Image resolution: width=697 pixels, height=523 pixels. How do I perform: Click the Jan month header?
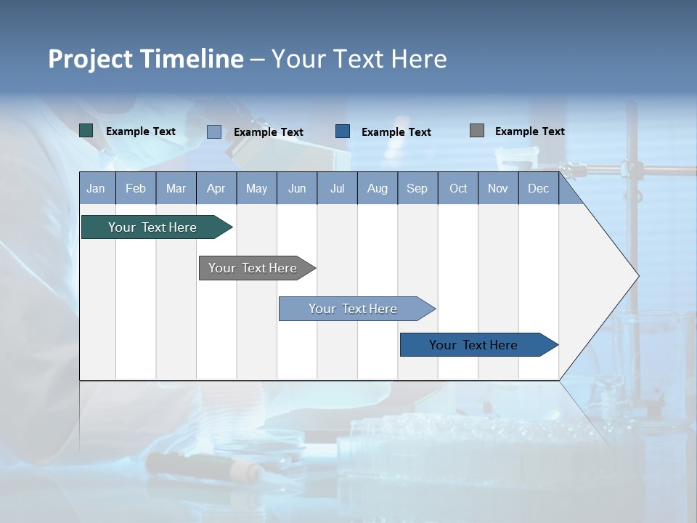[x=97, y=188]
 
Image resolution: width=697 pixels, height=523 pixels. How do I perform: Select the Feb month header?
[x=136, y=188]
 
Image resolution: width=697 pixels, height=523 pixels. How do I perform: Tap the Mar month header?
[x=176, y=188]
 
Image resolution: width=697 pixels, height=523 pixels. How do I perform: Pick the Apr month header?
[x=216, y=188]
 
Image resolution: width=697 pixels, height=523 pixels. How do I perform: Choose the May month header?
[x=256, y=188]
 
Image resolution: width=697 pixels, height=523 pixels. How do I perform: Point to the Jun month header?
[x=297, y=188]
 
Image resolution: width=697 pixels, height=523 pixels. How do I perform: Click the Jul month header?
[x=337, y=188]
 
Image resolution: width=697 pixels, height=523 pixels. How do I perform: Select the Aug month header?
[x=378, y=188]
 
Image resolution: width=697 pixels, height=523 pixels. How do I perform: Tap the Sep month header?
[x=417, y=188]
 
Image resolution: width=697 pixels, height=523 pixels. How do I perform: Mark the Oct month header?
[x=458, y=188]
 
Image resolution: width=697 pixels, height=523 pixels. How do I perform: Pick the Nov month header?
[x=498, y=188]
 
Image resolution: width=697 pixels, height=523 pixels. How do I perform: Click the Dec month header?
[x=539, y=188]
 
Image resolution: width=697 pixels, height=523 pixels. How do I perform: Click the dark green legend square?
[x=86, y=131]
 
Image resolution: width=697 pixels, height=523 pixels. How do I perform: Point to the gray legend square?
[x=477, y=131]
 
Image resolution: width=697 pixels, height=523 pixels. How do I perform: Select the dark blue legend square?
[x=343, y=131]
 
